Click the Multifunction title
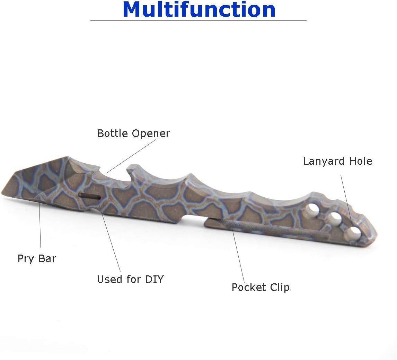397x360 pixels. point(199,9)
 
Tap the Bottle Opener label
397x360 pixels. point(133,134)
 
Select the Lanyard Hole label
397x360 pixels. point(337,161)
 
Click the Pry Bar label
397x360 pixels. point(37,259)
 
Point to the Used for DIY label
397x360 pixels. point(130,279)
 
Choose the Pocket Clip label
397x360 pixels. point(261,288)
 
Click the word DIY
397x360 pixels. point(155,279)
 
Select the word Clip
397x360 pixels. point(280,288)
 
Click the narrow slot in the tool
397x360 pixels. point(89,196)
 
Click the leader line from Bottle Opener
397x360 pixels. point(131,156)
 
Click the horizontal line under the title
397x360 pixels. point(198,20)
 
